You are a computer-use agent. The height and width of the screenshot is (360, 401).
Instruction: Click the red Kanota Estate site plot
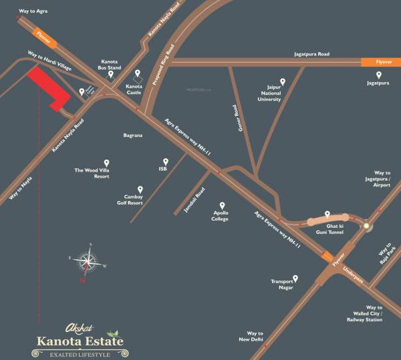click(47, 87)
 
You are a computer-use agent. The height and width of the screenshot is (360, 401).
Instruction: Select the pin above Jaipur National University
click(282, 82)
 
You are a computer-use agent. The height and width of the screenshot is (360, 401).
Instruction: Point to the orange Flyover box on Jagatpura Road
click(376, 61)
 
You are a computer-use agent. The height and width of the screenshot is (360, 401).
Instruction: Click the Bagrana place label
click(134, 135)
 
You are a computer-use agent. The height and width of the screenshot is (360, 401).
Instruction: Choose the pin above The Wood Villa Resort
click(106, 162)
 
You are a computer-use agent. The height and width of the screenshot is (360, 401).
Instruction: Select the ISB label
click(162, 169)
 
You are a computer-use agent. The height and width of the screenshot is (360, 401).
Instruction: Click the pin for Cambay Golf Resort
click(140, 189)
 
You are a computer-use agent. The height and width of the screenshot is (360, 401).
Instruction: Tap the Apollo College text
click(220, 215)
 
